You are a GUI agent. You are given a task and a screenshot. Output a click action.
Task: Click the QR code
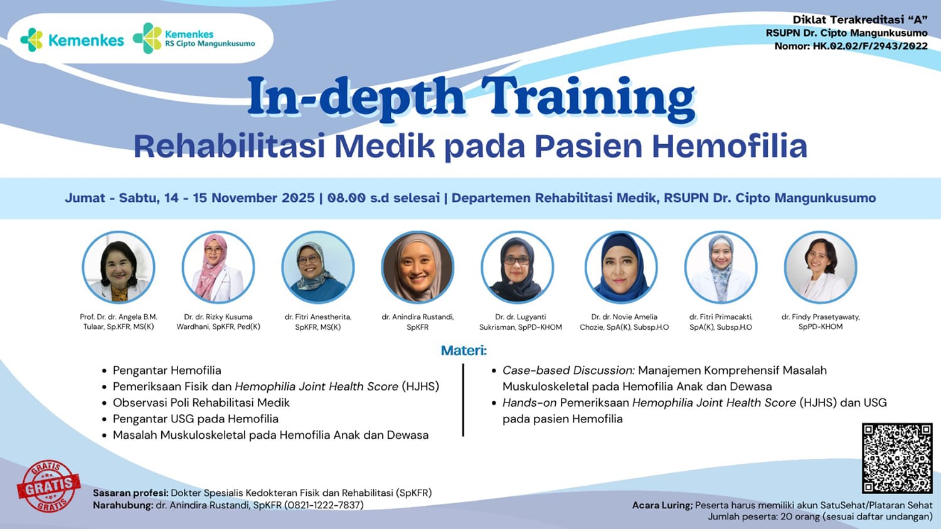click(897, 458)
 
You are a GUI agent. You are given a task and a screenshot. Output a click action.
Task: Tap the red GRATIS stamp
click(49, 486)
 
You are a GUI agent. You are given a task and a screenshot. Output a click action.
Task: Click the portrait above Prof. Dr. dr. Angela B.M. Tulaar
click(119, 267)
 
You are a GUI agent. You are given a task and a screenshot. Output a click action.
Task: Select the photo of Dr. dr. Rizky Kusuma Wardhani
click(218, 267)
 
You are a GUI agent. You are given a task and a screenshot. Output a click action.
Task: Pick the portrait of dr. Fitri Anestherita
click(318, 267)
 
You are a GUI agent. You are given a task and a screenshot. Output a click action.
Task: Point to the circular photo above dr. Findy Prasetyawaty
click(821, 267)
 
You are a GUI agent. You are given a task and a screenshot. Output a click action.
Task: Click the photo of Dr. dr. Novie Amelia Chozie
click(621, 267)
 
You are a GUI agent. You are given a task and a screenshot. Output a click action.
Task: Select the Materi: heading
click(464, 350)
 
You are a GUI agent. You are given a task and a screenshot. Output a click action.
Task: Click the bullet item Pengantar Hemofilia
click(167, 370)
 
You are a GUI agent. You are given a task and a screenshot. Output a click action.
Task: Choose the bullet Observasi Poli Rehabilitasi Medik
click(201, 402)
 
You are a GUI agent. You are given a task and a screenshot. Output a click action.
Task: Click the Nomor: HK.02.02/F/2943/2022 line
click(851, 46)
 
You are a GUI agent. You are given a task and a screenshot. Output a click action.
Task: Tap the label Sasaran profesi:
click(130, 493)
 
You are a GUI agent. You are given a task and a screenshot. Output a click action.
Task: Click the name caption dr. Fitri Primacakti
click(721, 317)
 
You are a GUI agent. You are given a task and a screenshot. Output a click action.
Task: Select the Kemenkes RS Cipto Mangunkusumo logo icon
click(147, 38)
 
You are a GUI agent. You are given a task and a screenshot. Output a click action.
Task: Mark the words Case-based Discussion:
click(569, 370)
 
